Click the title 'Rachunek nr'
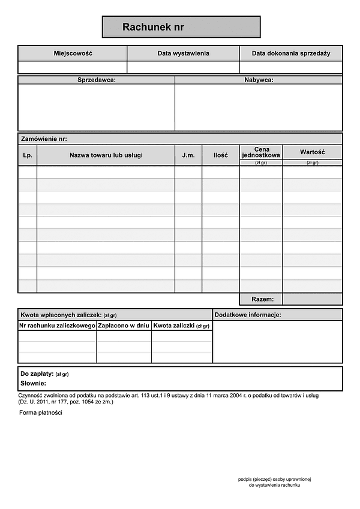153,27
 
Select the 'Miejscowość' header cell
73,53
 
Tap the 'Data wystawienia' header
183,53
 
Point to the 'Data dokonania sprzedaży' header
291,53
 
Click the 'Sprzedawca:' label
97,80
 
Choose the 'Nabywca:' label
259,80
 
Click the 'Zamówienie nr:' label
44,138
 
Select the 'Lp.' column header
27,155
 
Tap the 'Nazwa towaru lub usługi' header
106,155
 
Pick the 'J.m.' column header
188,155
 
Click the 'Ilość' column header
220,155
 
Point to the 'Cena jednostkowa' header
261,152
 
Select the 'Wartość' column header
312,152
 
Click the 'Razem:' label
263,299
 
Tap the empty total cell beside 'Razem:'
312,299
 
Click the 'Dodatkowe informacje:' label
247,315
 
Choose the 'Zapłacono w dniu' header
123,326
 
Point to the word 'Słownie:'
33,383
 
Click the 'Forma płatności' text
41,412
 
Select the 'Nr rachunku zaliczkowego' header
58,326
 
